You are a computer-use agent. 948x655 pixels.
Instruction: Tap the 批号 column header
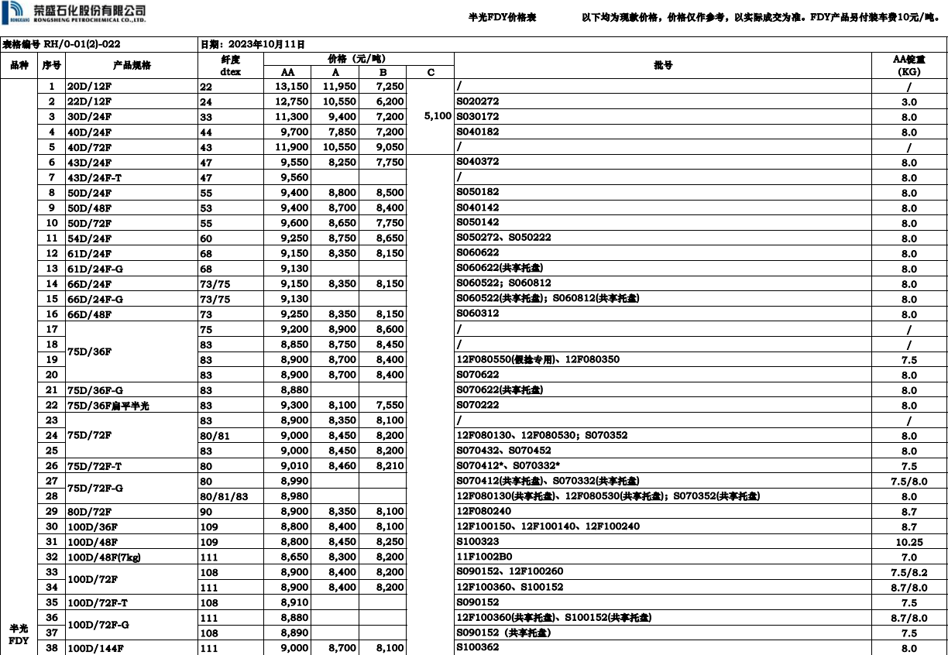tap(663, 66)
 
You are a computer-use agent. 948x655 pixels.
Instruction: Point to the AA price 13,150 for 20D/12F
tap(292, 87)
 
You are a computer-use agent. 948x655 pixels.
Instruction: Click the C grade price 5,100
tap(438, 117)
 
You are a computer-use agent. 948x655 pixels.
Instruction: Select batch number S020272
tap(478, 101)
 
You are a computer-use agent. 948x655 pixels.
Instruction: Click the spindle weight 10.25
tap(908, 542)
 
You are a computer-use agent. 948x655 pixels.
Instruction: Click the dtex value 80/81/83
tap(224, 496)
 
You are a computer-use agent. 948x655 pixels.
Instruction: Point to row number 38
tap(52, 648)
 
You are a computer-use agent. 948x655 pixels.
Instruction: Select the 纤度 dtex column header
tap(230, 66)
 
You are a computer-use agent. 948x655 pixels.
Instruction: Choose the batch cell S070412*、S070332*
tap(508, 466)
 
